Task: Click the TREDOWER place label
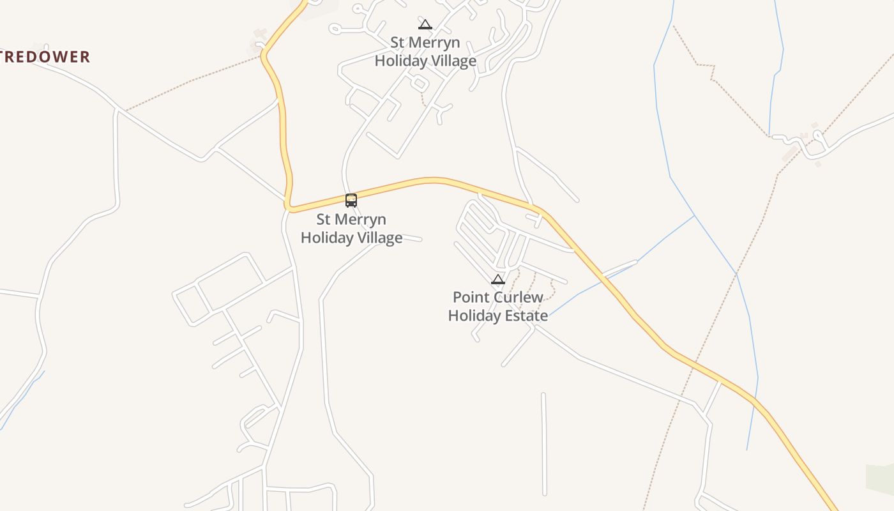coord(45,57)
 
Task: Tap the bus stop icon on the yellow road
coord(351,200)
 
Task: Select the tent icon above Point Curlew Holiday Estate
coord(498,279)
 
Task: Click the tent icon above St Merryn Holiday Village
coord(425,25)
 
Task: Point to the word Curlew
coord(517,297)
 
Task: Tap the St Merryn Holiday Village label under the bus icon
coord(351,229)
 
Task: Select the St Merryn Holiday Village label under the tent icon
coord(425,52)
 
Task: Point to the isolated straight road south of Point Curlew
coord(543,443)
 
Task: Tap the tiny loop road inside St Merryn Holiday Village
coord(419,84)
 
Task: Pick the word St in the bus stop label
coord(324,220)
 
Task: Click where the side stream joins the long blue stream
coord(695,216)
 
